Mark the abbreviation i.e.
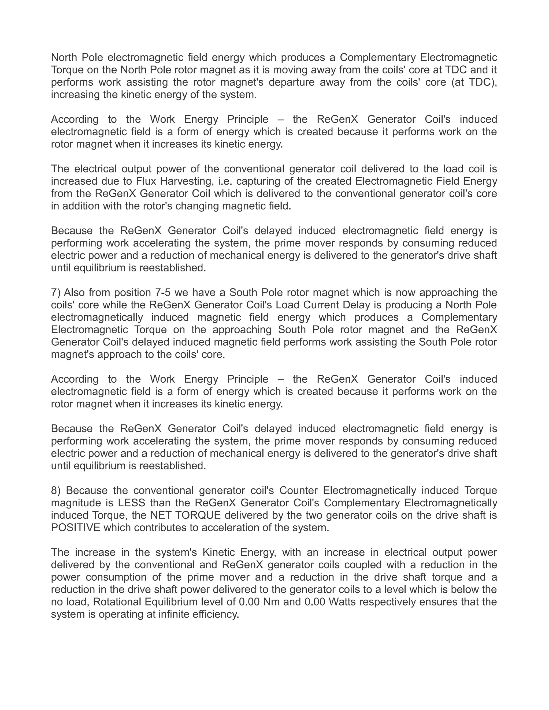(224, 181)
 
